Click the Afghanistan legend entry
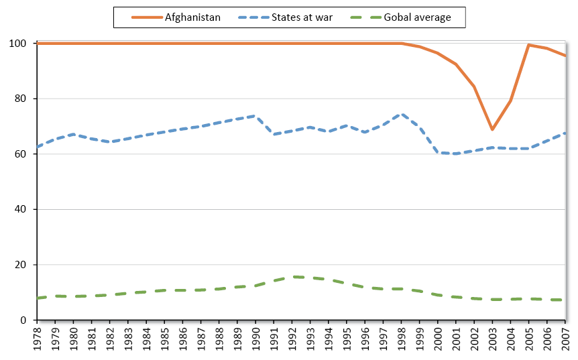coord(192,17)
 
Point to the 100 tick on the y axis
coord(19,44)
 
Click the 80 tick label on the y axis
coord(22,99)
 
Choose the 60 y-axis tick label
coord(22,154)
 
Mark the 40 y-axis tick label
coord(22,210)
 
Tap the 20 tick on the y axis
coord(22,265)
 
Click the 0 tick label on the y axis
coord(25,320)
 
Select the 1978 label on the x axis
coord(38,339)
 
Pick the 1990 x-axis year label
coord(255,339)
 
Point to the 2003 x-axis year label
coord(492,339)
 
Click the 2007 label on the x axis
coord(565,339)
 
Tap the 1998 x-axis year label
coord(401,339)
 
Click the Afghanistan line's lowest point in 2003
coord(492,129)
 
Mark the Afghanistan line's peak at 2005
coord(528,45)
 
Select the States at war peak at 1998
coord(401,114)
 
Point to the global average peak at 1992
coord(292,277)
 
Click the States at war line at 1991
coord(274,134)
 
